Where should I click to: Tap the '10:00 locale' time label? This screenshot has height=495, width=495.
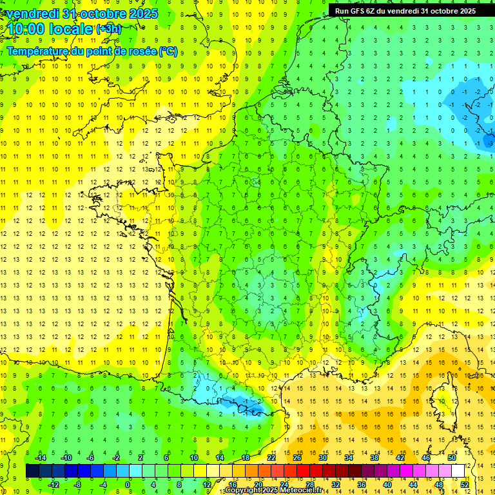pos(50,29)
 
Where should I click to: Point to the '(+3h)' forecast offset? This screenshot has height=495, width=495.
pos(108,29)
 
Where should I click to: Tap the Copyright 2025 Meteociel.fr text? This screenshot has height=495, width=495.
pos(274,490)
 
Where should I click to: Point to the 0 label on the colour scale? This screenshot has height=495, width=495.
pos(128,484)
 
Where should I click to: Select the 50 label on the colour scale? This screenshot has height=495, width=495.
pos(451,457)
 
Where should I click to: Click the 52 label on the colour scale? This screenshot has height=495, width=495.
pos(465,484)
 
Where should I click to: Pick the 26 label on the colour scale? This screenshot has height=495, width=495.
pos(297,457)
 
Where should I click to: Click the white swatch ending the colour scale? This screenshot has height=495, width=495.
pos(458,471)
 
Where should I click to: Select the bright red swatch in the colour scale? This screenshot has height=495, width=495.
pos(304,471)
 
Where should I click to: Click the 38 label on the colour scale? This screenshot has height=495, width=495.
pos(374,457)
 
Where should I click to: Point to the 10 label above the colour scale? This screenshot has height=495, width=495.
pos(194,457)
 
